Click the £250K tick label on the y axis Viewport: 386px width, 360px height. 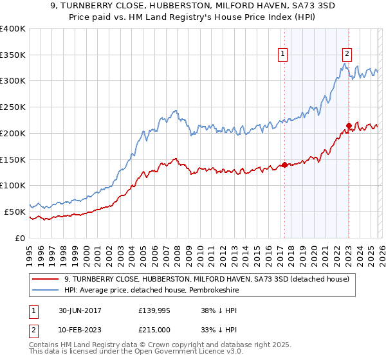pos(13,107)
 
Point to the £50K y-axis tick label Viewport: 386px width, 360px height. pos(15,212)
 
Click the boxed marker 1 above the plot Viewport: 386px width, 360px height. pos(283,54)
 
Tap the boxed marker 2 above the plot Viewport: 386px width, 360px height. pos(347,54)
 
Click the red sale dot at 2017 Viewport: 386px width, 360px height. pos(284,165)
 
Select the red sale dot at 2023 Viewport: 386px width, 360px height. pos(349,126)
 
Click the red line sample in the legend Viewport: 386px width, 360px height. pos(46,279)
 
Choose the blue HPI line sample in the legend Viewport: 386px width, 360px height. pos(46,290)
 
